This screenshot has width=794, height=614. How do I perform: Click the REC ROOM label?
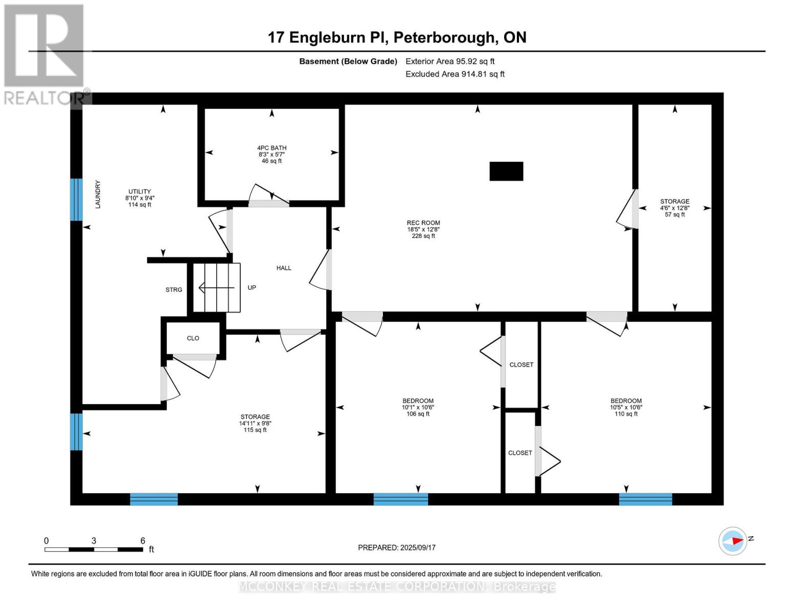423,223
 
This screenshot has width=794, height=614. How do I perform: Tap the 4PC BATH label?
271,148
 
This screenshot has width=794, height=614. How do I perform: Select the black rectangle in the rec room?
506,171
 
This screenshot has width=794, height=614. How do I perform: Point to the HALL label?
284,268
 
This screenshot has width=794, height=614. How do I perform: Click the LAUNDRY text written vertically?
98,194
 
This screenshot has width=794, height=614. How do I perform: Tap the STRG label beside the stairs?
174,290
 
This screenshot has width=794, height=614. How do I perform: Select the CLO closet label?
193,338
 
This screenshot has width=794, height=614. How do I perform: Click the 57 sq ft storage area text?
675,215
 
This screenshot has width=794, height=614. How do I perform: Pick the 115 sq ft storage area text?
255,430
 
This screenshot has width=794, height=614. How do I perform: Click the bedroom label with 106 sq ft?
418,401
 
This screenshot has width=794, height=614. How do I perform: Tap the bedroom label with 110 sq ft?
626,401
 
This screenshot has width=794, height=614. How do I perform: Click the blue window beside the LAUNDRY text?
76,200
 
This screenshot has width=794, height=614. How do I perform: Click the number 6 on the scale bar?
143,541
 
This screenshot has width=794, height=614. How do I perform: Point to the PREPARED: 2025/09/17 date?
397,547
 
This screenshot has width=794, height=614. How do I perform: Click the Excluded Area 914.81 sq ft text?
455,74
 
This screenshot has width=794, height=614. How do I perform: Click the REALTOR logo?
45,54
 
